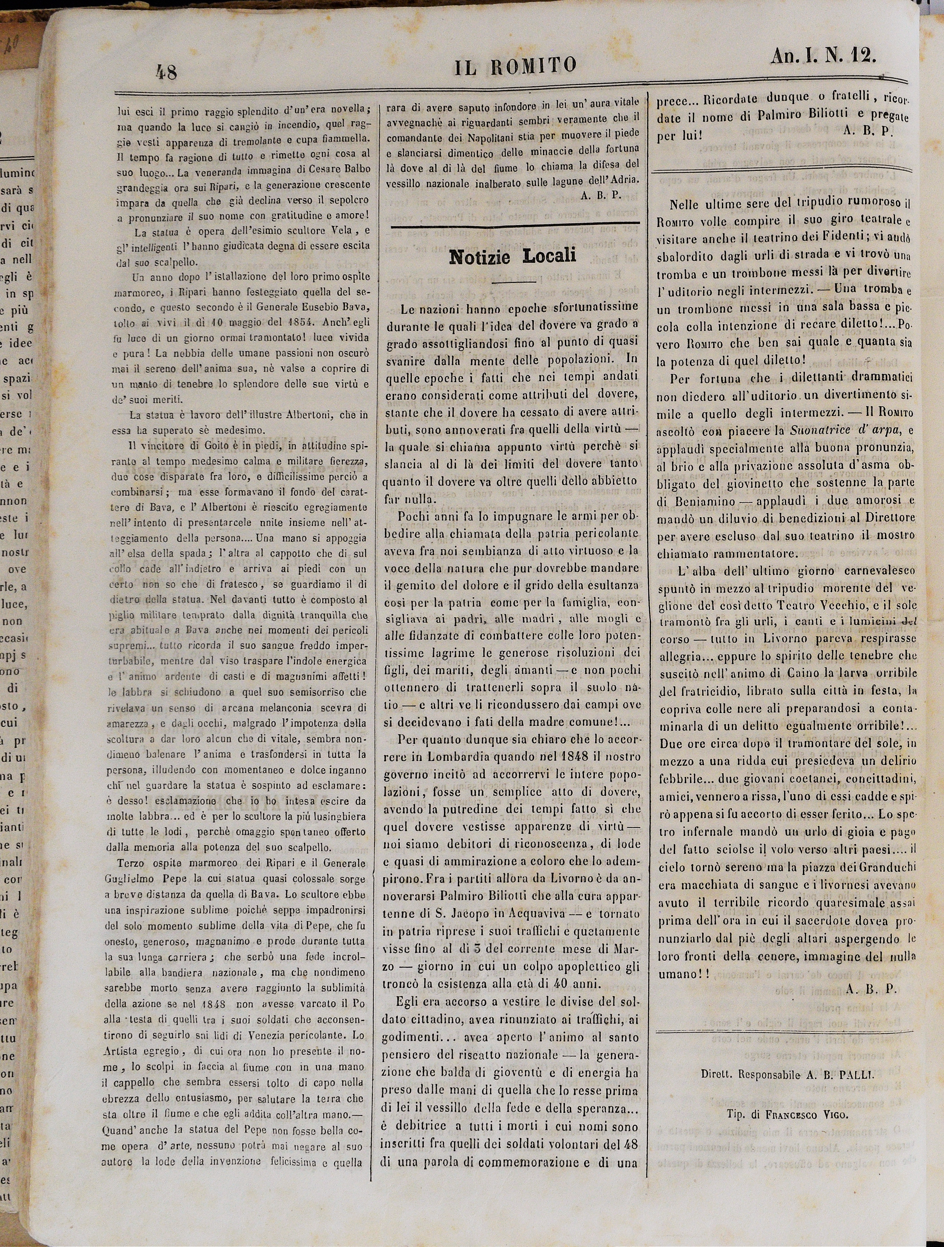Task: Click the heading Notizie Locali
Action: (512, 256)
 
